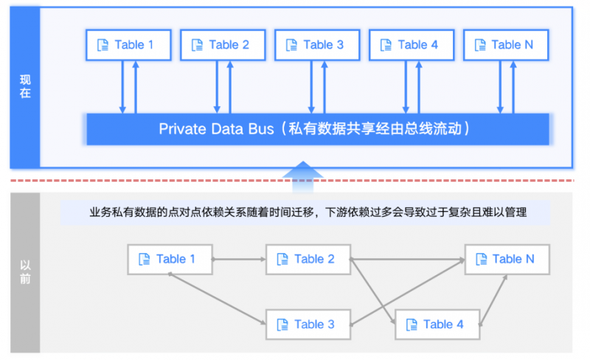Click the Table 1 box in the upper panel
click(x=128, y=45)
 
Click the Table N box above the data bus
click(x=506, y=45)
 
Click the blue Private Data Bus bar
click(x=318, y=129)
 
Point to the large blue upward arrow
click(x=304, y=171)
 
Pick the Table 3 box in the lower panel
click(x=308, y=324)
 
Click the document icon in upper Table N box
click(x=481, y=45)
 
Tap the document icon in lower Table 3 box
click(x=282, y=325)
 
